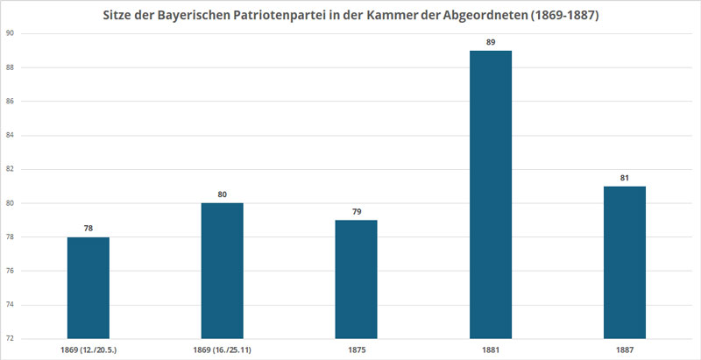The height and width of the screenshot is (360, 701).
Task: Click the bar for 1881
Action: coord(491,194)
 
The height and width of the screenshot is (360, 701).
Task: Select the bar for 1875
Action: coord(357,279)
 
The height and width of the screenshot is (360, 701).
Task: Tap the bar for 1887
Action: coord(625,262)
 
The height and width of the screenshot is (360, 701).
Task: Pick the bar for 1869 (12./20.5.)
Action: coord(89,287)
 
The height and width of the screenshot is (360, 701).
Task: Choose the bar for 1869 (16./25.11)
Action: coord(223,271)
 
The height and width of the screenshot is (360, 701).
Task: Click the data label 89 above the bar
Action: coord(491,40)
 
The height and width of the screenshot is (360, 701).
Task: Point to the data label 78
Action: coord(89,227)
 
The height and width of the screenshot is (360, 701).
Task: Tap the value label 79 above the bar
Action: coord(357,210)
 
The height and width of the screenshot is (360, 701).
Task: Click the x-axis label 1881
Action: coord(491,349)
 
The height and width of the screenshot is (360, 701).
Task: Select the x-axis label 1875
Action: coord(357,349)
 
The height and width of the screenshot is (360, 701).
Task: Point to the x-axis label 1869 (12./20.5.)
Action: coord(89,349)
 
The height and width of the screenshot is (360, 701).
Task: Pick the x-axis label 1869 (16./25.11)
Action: coord(223,349)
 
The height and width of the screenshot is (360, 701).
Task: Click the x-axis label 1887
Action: coord(625,349)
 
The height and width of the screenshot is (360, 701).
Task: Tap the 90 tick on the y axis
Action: coord(11,33)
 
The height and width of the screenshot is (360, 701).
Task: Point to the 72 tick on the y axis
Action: coord(11,338)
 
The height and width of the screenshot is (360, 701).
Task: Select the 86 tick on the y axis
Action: coord(11,101)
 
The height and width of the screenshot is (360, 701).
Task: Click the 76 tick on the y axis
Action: coord(11,271)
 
